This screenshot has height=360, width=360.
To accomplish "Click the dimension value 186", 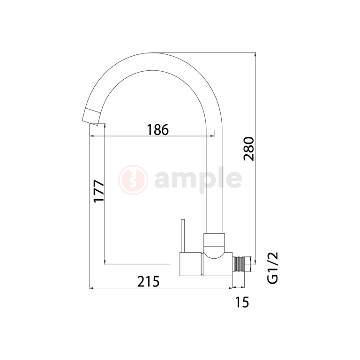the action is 157,130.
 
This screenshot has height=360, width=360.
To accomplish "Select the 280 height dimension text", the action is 249,149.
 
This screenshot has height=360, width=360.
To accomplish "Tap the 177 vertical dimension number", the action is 99,191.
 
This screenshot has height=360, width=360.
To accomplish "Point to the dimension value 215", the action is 148,281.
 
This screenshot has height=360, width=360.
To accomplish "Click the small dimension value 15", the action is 242,302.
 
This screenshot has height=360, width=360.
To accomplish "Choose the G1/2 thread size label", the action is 273,268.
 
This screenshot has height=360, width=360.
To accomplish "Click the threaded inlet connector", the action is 239,264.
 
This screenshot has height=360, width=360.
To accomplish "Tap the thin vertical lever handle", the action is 183,236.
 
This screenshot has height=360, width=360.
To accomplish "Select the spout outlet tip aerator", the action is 92,116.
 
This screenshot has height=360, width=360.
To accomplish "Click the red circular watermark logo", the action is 133,180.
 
